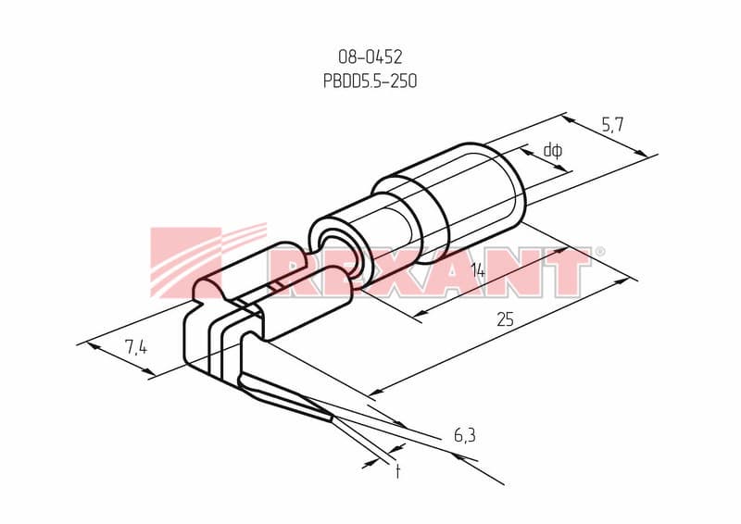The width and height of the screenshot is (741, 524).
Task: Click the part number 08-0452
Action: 370,56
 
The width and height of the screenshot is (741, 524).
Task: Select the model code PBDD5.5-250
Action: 370,81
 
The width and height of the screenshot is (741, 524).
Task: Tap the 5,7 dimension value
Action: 612,125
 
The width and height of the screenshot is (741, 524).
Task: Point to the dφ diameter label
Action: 552,151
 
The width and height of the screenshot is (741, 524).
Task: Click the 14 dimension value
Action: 477,271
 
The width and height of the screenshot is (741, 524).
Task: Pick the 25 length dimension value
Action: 505,319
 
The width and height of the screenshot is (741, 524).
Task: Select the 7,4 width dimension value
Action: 136,348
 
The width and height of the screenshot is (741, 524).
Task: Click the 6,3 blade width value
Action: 465,436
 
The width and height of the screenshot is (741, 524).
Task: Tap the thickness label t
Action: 398,471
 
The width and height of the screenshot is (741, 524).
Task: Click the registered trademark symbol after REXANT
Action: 599,252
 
